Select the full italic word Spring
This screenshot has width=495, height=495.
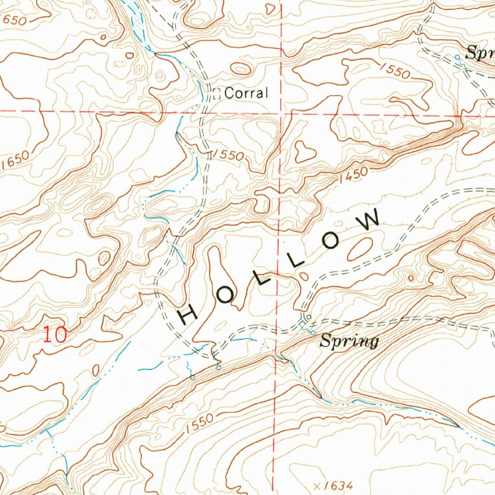click(349, 341)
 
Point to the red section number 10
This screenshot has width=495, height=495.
click(54, 335)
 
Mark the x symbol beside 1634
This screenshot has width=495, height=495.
click(317, 485)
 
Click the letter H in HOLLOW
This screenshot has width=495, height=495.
click(189, 315)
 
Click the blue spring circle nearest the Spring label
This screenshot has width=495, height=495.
click(313, 333)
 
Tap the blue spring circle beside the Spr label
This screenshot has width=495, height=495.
click(458, 58)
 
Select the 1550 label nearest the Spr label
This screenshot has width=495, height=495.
click(395, 71)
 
